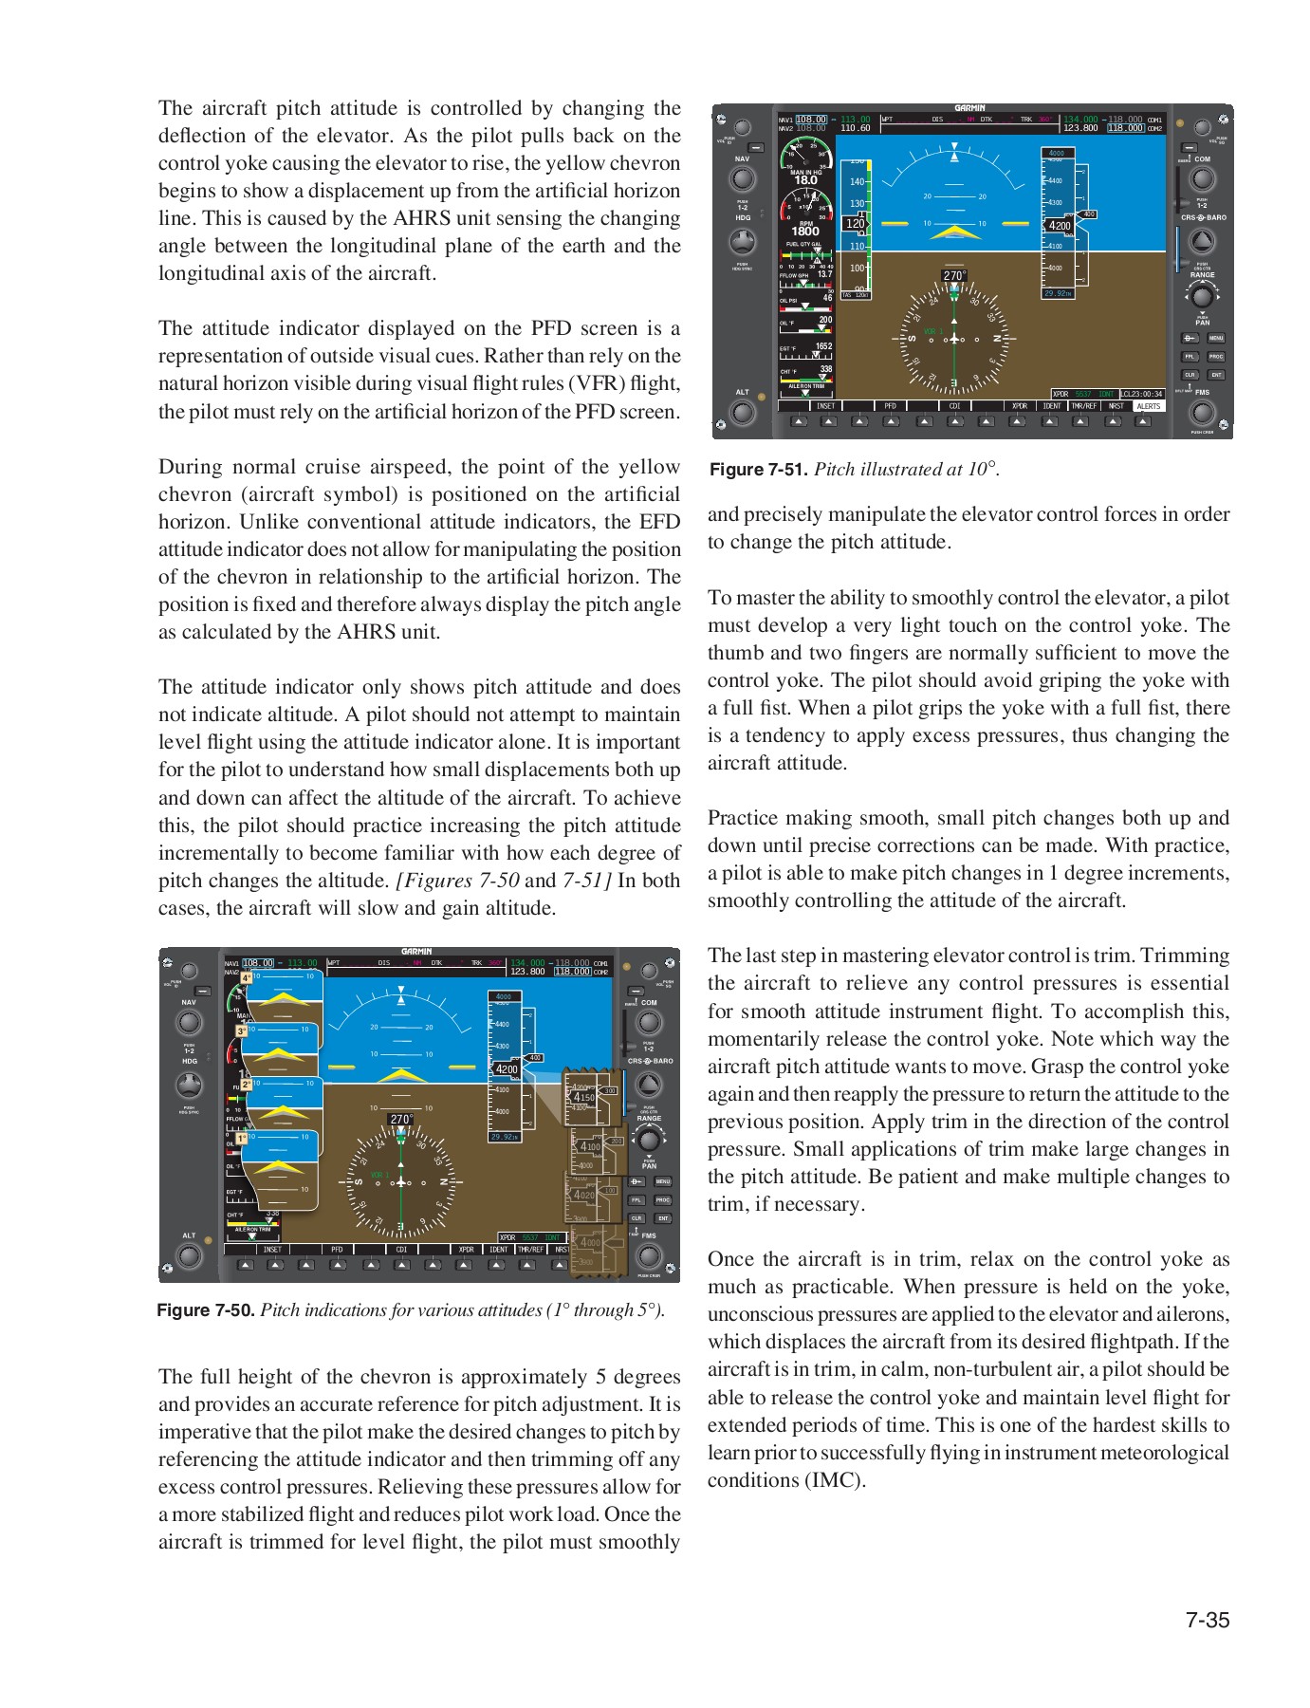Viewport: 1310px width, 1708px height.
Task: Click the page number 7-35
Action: click(x=1207, y=1620)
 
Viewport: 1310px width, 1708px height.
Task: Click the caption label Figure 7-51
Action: click(x=758, y=470)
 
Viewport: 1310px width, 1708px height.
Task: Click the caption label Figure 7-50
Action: click(x=206, y=1310)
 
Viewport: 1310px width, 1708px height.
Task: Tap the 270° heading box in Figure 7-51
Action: click(x=954, y=276)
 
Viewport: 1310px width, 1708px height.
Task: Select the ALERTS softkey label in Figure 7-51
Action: click(x=1148, y=406)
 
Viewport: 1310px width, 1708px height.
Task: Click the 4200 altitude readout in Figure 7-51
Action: click(x=1060, y=226)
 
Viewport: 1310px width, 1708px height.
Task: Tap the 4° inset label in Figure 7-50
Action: click(x=246, y=977)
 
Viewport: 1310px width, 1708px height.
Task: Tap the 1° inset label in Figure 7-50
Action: click(x=242, y=1138)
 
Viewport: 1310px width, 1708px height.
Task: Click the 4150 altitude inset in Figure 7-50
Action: click(x=583, y=1097)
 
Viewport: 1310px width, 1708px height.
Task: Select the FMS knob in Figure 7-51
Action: click(x=1202, y=413)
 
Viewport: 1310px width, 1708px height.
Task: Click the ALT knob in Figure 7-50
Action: click(x=189, y=1255)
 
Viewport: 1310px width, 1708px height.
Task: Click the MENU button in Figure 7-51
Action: click(x=1216, y=338)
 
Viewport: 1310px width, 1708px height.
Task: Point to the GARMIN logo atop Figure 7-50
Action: click(x=416, y=952)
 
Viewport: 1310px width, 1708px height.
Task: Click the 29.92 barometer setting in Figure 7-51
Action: click(x=1058, y=293)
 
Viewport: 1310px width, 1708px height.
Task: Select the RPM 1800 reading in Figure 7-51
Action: click(x=805, y=231)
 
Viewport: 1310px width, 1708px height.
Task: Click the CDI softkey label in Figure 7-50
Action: click(x=401, y=1250)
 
